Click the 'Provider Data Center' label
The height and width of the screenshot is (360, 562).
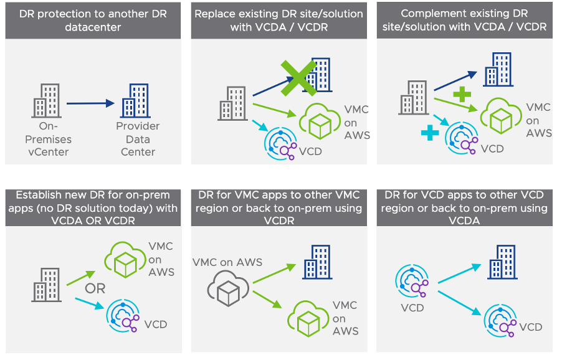tap(137, 139)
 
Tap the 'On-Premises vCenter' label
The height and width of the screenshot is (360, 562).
tap(48, 139)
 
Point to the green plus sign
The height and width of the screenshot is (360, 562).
tap(462, 95)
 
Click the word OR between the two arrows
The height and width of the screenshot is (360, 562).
tap(95, 289)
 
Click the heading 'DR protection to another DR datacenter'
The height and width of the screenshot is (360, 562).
tap(93, 21)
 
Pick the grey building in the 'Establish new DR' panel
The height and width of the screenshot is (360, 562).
tap(47, 285)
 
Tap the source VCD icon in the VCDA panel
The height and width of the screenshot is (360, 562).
tap(411, 282)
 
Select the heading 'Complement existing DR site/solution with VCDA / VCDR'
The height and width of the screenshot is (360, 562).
tap(465, 21)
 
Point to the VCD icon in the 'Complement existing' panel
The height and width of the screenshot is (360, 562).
tap(462, 138)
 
